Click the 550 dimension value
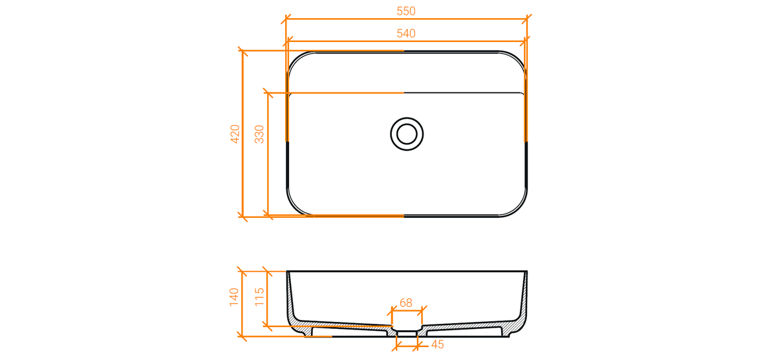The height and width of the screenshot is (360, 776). click(405, 11)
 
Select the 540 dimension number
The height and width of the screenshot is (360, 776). click(405, 33)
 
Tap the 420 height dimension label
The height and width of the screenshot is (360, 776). click(235, 134)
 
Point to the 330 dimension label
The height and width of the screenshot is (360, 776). click(259, 134)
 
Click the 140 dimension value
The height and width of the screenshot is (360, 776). click(234, 297)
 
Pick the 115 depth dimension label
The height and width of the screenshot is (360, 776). click(259, 297)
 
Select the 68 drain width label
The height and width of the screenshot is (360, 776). click(406, 303)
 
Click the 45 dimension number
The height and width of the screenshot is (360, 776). click(438, 344)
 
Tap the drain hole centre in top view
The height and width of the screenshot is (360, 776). click(407, 134)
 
